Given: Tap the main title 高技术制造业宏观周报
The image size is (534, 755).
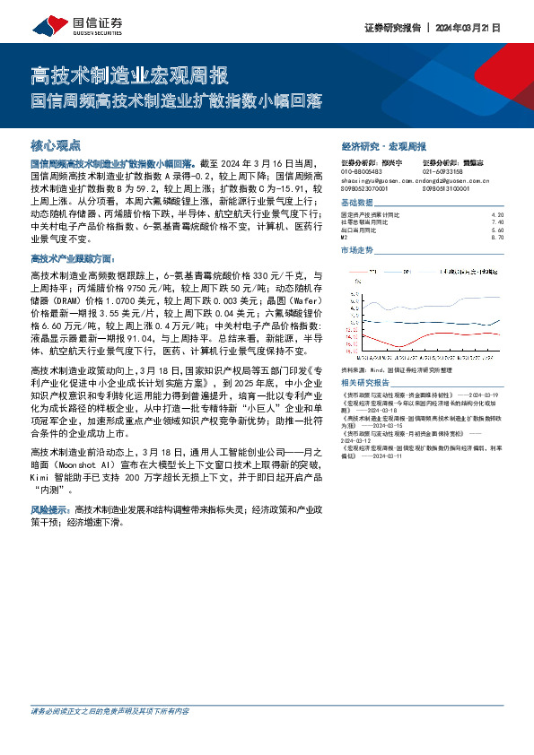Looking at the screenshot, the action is [129, 74].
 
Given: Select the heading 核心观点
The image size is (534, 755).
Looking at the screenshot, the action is [56, 144].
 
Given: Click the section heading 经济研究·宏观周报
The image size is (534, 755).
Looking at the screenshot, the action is [383, 145].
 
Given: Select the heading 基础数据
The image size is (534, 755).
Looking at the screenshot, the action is [358, 204].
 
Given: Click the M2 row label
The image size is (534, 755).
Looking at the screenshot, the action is [345, 237].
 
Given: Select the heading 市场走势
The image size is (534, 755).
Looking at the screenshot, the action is [358, 250].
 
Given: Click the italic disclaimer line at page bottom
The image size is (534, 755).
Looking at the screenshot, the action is [109, 736].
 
